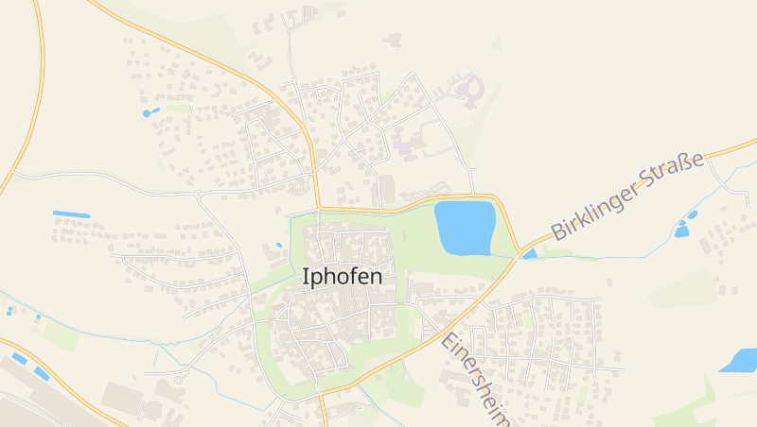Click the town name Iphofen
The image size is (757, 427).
tap(343, 277)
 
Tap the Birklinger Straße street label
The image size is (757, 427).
tap(627, 196)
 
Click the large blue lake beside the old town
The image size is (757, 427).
tap(465, 228)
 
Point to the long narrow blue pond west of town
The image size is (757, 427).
tap(71, 214)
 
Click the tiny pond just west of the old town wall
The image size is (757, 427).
tap(279, 246)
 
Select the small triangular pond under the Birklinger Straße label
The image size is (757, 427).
tap(529, 253)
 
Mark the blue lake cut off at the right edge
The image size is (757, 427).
tap(742, 360)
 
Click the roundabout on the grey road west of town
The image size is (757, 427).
tap(198, 194)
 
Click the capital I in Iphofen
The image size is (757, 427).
tap(306, 277)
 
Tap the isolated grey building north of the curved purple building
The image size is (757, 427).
tap(393, 39)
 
